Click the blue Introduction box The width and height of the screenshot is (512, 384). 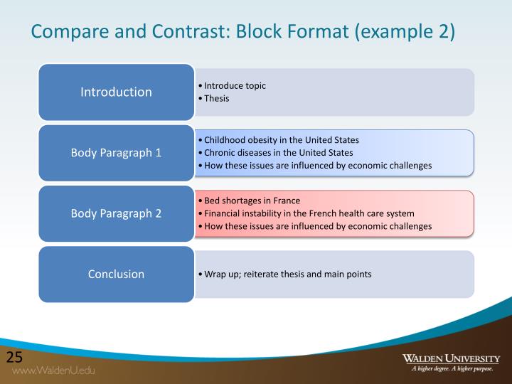pos(116,92)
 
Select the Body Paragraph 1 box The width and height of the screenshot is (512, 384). pos(116,153)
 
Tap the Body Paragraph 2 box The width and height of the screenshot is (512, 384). pos(116,213)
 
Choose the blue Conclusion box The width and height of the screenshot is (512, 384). pos(116,274)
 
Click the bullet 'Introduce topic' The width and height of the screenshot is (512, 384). pos(235,85)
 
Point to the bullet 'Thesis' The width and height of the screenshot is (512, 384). pos(217,98)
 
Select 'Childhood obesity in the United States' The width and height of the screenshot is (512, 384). pos(282,140)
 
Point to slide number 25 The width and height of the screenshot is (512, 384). pos(15,357)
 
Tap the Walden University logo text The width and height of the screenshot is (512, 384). pos(451,358)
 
